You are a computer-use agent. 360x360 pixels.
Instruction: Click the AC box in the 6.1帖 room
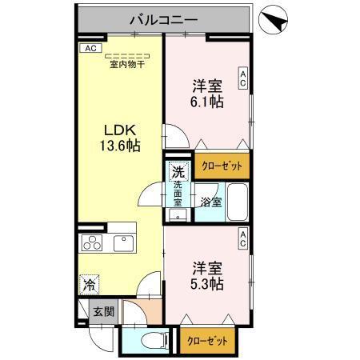(x=242, y=78)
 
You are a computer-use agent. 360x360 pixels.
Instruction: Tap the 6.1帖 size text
(x=206, y=102)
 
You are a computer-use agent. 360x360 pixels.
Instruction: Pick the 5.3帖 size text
(x=206, y=284)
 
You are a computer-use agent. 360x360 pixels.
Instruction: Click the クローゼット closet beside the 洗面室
(x=222, y=165)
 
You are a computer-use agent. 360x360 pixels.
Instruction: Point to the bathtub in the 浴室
(x=236, y=202)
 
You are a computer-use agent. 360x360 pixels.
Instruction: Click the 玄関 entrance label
(x=98, y=311)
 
